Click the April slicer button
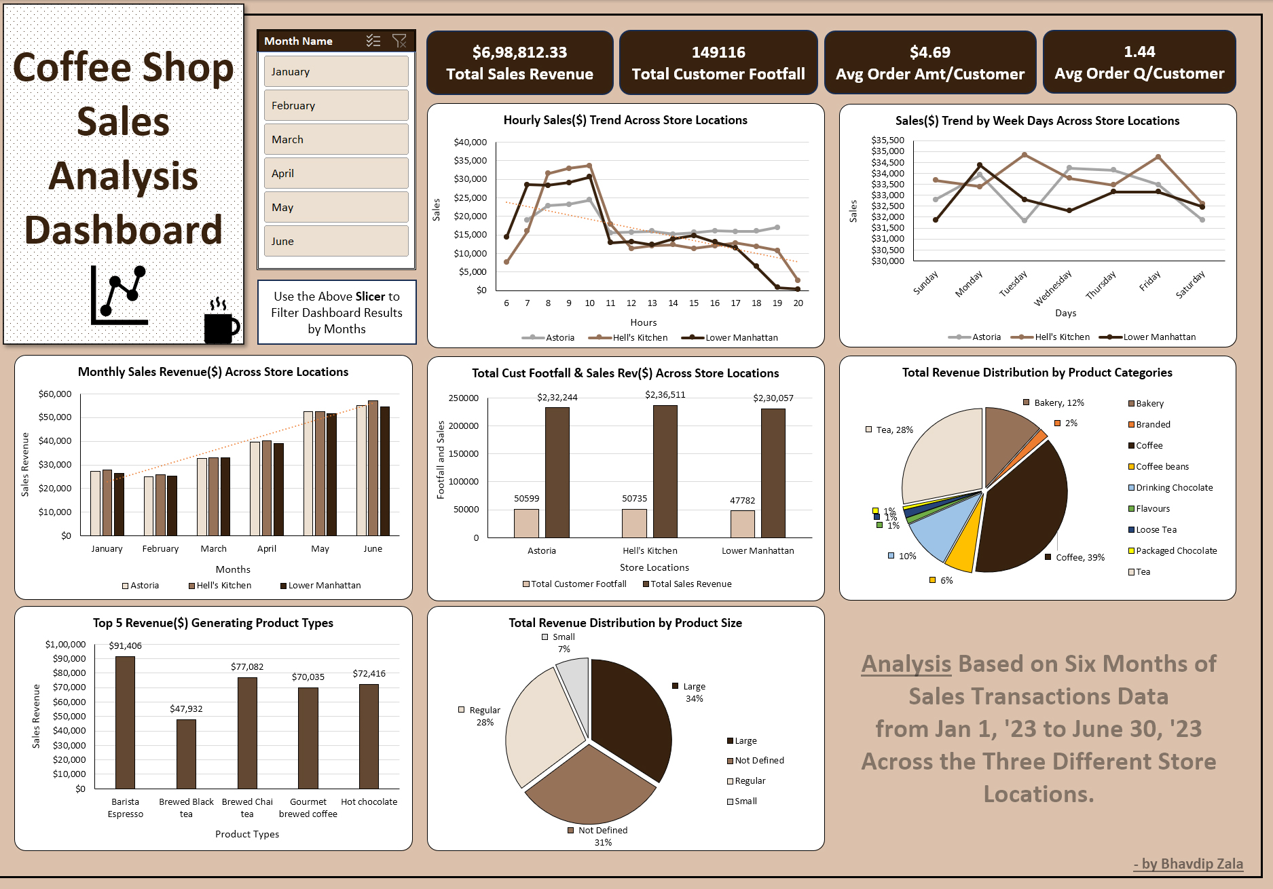(x=336, y=173)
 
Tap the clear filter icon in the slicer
(x=399, y=41)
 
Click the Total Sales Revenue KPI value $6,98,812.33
(x=519, y=52)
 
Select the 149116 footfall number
(x=718, y=52)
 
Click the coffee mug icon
(x=221, y=326)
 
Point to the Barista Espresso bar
(x=125, y=723)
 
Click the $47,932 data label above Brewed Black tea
(x=186, y=708)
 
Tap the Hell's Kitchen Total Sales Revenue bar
(x=665, y=472)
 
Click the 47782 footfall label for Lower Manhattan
(x=742, y=500)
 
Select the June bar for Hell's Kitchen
(x=373, y=468)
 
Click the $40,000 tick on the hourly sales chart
(x=470, y=142)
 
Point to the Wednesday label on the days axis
(x=1052, y=288)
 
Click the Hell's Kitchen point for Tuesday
(x=1025, y=155)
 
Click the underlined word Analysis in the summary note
(x=906, y=664)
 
